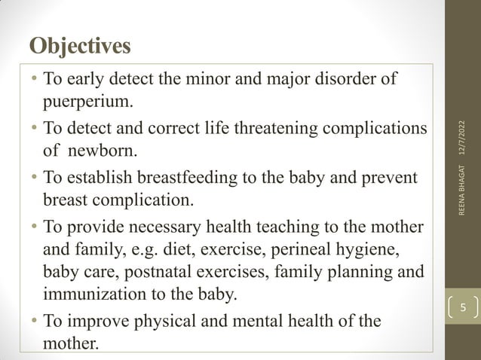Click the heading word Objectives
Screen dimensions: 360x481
(x=80, y=45)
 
